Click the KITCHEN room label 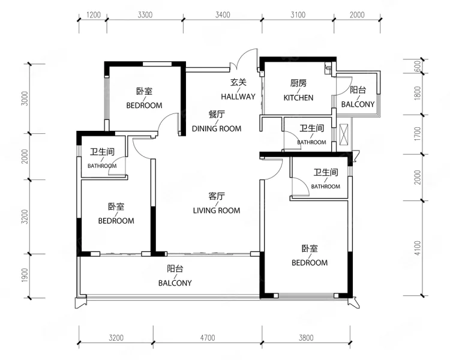coord(298,98)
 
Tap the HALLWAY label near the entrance coord(238,97)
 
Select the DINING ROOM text coord(217,128)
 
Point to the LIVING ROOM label coord(217,211)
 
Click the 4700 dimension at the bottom coord(208,338)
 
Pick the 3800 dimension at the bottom coord(306,338)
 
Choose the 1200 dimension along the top coord(94,14)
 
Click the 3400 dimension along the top coord(223,14)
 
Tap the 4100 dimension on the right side coord(418,248)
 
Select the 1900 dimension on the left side coord(25,275)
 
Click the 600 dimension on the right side coord(418,66)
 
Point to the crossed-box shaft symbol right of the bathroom coord(344,134)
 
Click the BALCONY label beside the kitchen coord(358,104)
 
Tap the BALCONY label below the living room coord(175,283)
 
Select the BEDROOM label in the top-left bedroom coord(144,106)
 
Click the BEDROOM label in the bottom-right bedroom coord(310,263)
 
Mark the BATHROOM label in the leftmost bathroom coord(102,166)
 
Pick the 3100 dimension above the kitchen coord(298,14)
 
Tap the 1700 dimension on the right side coord(418,134)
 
